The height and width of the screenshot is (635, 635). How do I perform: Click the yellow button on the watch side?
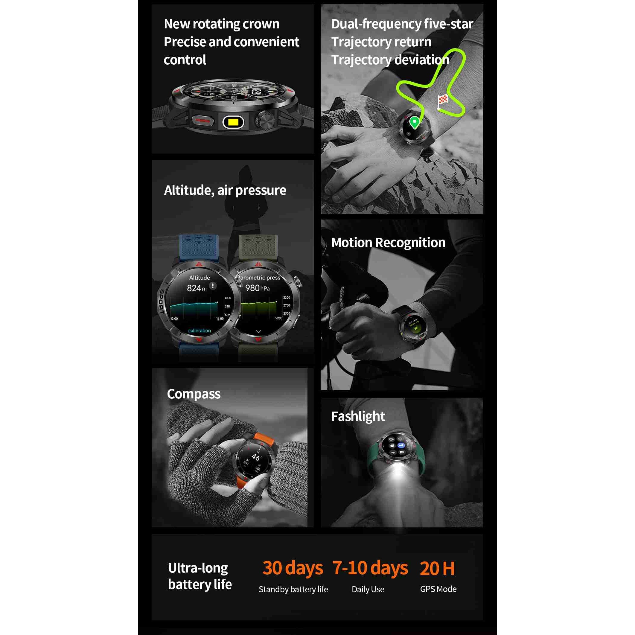[233, 122]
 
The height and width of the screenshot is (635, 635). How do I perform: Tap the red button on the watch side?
[202, 121]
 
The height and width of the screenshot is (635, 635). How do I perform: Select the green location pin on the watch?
[415, 123]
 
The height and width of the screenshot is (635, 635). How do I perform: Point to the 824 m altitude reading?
[197, 288]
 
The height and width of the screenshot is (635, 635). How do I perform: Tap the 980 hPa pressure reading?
[257, 288]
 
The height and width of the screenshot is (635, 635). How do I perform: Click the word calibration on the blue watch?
[199, 331]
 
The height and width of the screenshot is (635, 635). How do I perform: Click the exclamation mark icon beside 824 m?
[213, 286]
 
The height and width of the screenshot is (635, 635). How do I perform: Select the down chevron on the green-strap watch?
[258, 332]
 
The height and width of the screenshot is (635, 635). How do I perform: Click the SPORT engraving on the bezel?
[162, 301]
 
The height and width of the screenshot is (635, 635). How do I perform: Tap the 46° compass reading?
[257, 457]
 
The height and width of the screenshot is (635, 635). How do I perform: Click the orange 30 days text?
[293, 568]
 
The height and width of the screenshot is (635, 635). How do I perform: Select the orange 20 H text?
[437, 568]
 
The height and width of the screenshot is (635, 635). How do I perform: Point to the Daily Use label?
[368, 589]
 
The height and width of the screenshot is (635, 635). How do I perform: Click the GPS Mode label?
[438, 589]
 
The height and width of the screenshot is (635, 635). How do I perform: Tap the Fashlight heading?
[358, 416]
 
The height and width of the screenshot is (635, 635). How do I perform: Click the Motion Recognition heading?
[388, 243]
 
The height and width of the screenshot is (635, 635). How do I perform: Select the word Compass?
[194, 394]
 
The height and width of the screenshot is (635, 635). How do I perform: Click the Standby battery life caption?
[293, 589]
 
